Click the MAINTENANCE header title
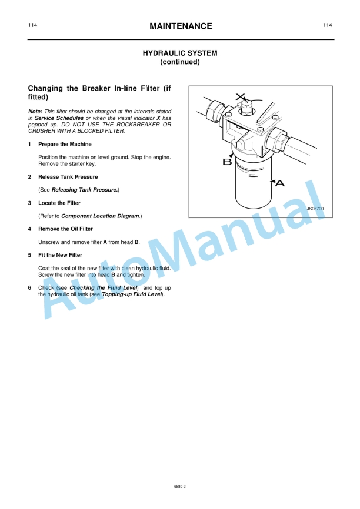tap(180, 26)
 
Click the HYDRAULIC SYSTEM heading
tap(180, 53)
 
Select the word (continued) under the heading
tap(180, 62)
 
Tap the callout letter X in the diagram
tap(239, 96)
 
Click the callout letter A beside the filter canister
tap(280, 184)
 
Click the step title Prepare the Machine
tap(65, 144)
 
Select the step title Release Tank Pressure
tap(68, 177)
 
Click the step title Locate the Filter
tap(59, 203)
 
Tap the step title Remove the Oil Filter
tap(65, 229)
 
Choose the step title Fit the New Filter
tap(60, 255)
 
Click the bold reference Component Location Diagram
tap(100, 216)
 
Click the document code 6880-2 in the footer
tap(180, 487)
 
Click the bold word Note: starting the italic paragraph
tap(35, 111)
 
